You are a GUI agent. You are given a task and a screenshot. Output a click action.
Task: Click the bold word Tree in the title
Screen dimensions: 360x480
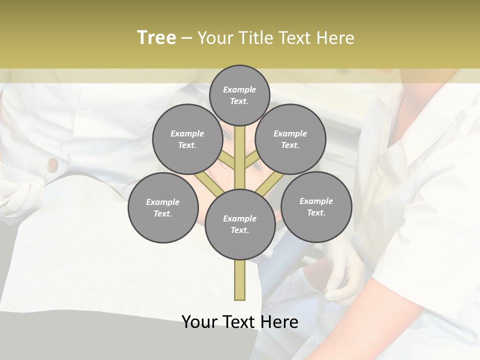156,37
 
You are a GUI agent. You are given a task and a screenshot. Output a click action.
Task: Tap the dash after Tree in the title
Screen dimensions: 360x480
186,38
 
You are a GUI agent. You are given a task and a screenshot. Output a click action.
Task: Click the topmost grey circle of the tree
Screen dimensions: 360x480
239,95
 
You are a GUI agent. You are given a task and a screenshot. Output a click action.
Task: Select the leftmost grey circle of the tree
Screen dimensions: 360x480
163,207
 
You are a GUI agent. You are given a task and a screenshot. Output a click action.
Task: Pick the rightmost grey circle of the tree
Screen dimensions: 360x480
316,206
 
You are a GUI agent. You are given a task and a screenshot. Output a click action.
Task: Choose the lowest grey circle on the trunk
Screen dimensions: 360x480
240,224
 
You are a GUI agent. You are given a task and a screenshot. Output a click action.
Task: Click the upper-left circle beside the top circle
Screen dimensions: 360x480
187,139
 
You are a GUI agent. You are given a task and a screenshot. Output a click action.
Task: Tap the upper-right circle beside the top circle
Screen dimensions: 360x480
290,139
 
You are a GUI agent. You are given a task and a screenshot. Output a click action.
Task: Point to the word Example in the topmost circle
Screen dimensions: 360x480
239,89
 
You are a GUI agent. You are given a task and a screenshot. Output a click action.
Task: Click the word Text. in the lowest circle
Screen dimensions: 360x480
239,230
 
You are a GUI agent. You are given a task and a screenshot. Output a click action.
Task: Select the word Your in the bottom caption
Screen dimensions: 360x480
199,322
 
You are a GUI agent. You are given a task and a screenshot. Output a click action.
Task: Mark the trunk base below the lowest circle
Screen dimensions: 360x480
240,280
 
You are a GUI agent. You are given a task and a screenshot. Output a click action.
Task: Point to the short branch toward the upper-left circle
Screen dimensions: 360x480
227,161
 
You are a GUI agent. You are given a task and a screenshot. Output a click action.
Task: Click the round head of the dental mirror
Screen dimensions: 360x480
52,163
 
